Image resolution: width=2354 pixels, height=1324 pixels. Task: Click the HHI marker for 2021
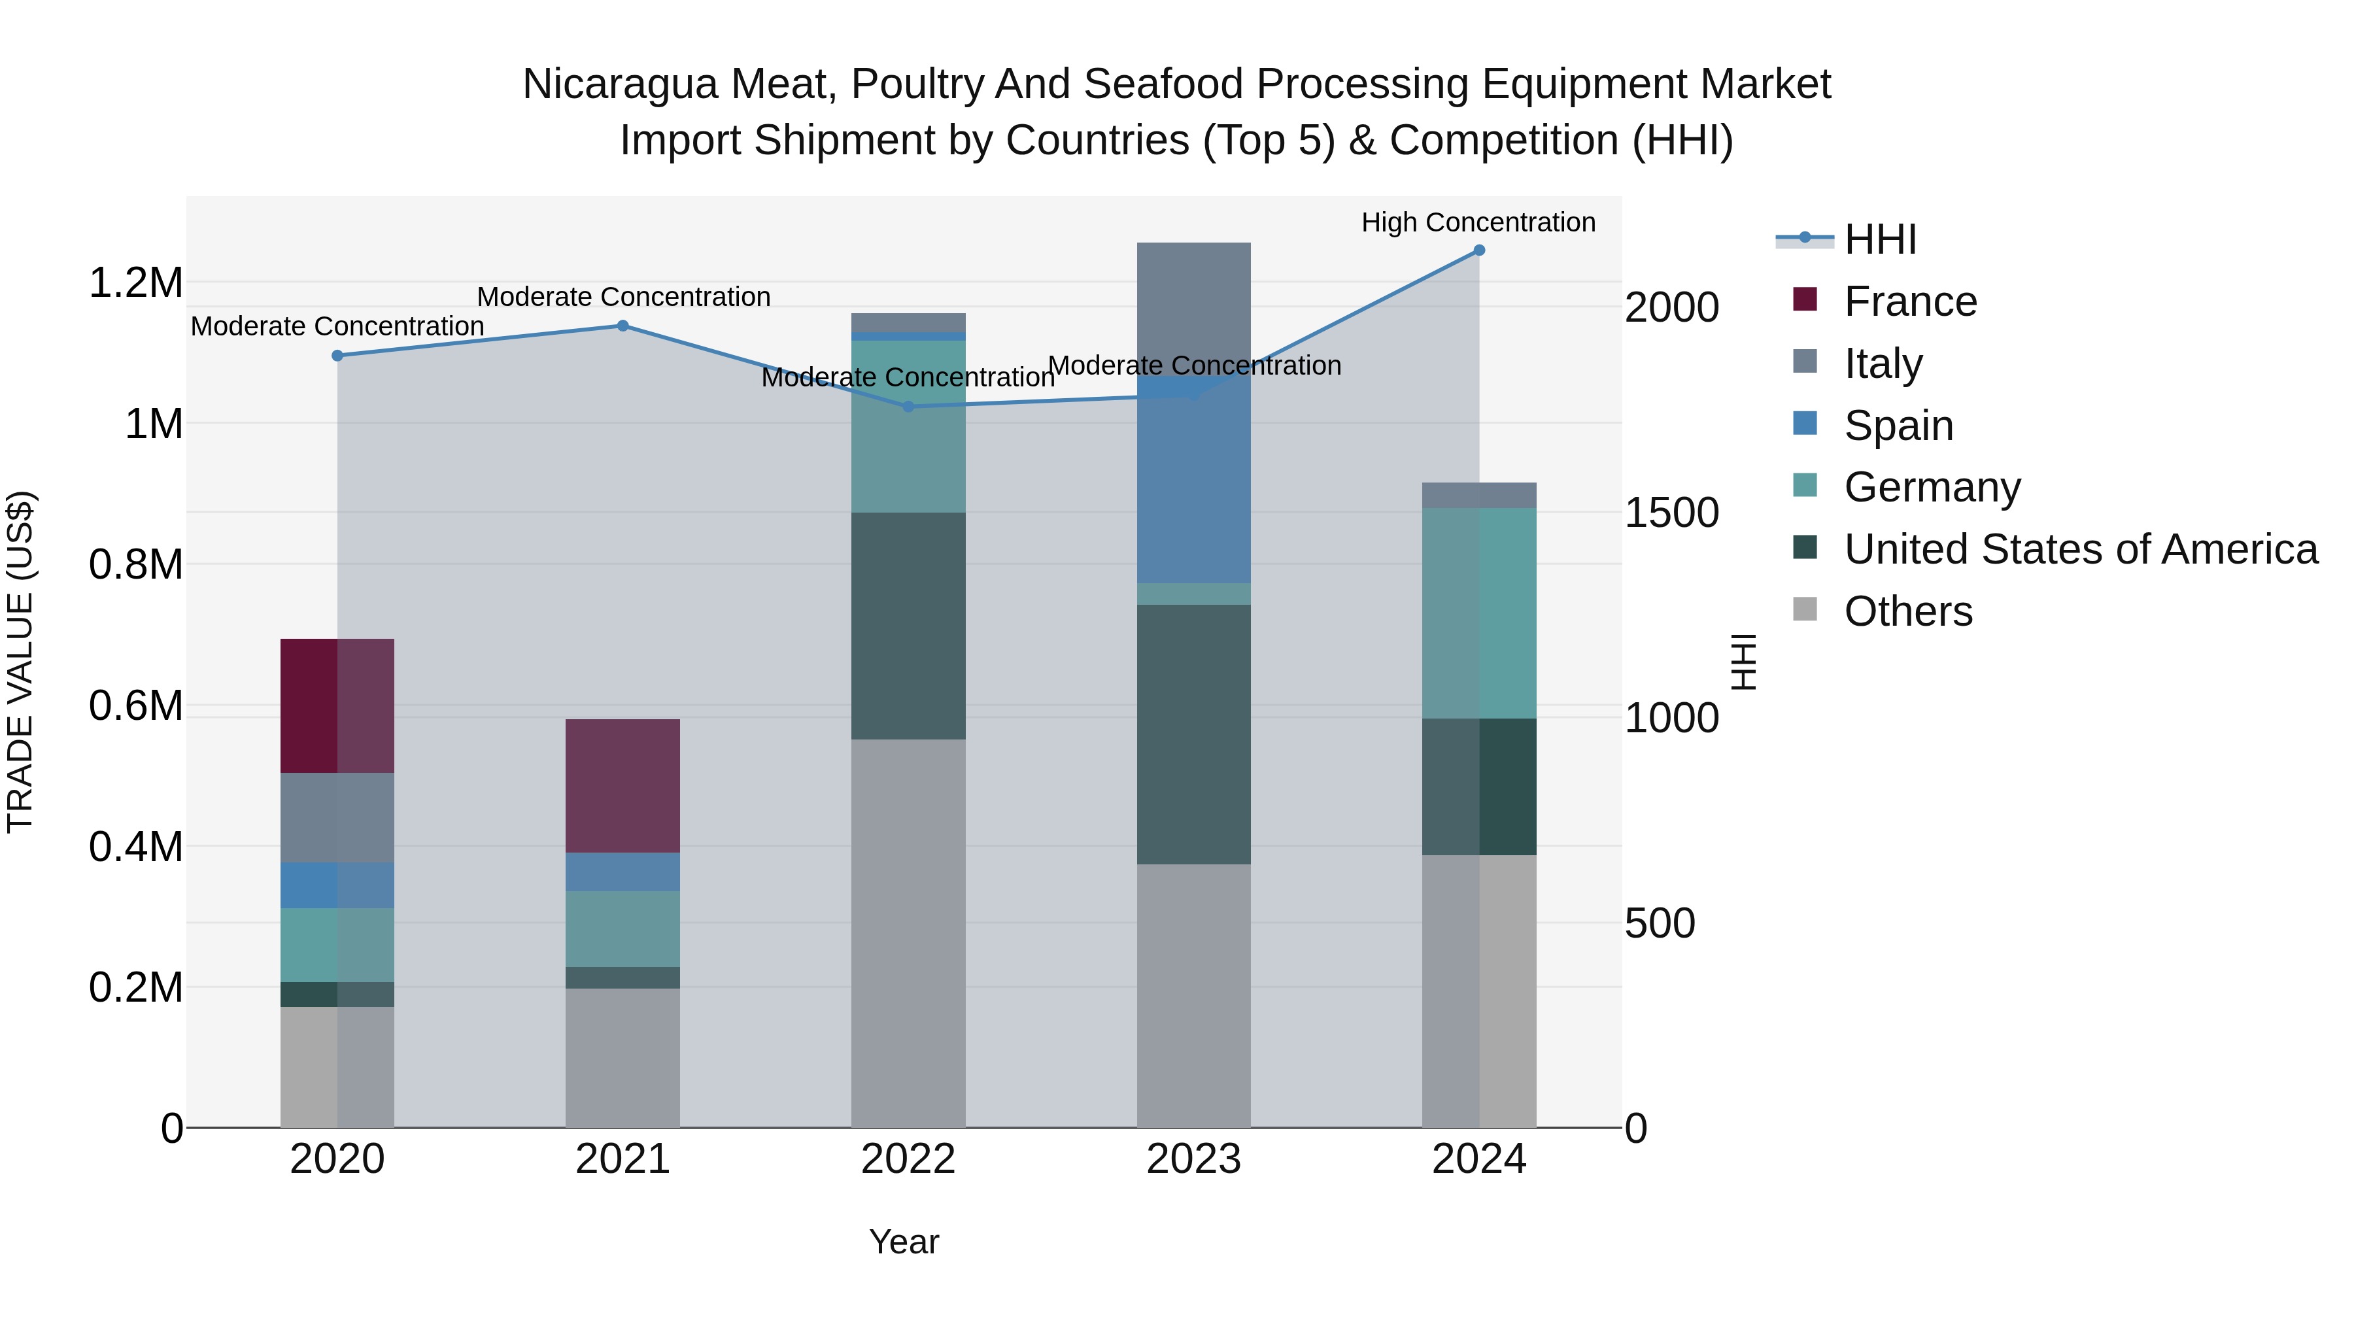[x=623, y=326]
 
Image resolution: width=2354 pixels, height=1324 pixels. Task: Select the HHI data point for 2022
[x=908, y=407]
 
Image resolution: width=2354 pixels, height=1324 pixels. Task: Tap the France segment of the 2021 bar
[x=623, y=786]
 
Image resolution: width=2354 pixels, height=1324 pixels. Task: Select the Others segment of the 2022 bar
[x=908, y=932]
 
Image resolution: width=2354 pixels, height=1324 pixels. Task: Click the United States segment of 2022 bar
[x=908, y=626]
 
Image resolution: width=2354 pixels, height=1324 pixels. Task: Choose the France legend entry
[x=1910, y=301]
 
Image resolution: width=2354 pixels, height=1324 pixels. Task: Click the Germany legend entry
[x=1932, y=487]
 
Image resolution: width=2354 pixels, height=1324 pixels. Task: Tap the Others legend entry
[x=1908, y=611]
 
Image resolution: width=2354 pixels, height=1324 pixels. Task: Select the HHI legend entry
[x=1880, y=239]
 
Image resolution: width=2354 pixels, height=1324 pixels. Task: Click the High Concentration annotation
[x=1478, y=222]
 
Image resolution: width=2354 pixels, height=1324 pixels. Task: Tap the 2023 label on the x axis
[x=1193, y=1159]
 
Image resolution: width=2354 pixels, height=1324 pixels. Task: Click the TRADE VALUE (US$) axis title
[x=20, y=662]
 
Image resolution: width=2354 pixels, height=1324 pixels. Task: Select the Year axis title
[x=904, y=1242]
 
